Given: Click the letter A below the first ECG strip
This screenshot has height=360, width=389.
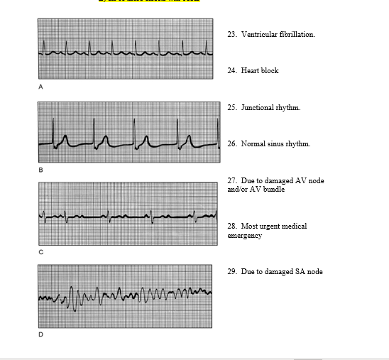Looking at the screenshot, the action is [40, 87].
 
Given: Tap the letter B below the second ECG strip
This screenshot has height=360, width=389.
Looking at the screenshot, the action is [40, 170].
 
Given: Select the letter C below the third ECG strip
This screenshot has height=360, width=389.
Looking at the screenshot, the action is [40, 252].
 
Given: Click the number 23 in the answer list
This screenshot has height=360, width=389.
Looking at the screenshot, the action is [231, 34].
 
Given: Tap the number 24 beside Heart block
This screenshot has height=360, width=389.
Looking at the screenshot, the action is [231, 71].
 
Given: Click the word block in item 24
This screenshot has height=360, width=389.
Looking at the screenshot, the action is [269, 71].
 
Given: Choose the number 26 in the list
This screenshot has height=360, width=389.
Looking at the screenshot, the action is [231, 144].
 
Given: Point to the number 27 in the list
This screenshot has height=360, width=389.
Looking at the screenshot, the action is [231, 181].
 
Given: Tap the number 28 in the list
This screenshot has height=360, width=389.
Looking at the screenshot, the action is [231, 227].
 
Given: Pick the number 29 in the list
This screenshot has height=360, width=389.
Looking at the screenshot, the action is [231, 272].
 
